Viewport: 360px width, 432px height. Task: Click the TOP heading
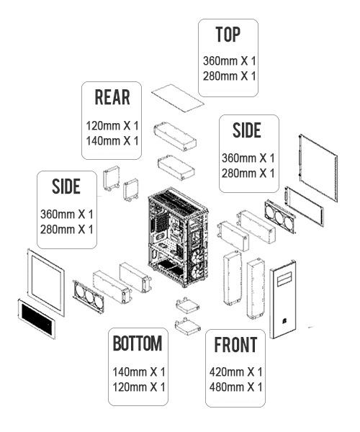point(228,35)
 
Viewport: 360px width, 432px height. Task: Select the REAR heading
point(112,97)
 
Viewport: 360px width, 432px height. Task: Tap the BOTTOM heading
point(138,343)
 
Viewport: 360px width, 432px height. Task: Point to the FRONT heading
point(235,345)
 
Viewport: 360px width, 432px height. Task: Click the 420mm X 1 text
point(235,372)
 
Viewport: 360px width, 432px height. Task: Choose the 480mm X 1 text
point(235,387)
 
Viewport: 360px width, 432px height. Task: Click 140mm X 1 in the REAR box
point(112,141)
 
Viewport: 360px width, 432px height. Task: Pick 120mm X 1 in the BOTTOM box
point(139,387)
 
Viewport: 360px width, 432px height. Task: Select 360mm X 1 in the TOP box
point(230,61)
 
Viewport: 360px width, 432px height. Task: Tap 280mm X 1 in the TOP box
point(230,76)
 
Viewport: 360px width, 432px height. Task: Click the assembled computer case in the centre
point(178,237)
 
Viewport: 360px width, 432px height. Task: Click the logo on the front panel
point(283,321)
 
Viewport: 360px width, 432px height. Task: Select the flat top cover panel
point(178,98)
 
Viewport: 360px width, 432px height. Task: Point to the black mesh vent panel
point(36,318)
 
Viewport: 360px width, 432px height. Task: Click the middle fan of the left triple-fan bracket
point(89,296)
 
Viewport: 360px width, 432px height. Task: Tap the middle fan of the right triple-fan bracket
point(279,217)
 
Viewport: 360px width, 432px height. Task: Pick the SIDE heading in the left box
point(66,186)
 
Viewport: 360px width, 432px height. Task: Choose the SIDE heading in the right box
point(247,130)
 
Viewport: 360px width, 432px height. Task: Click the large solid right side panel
point(318,168)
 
